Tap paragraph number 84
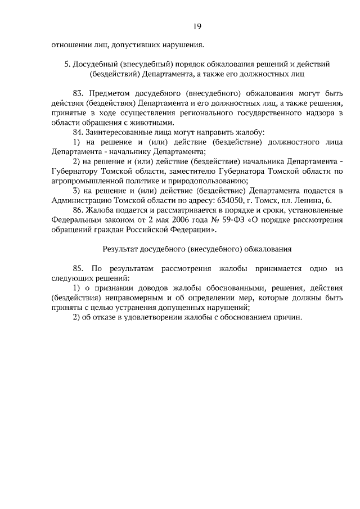78,132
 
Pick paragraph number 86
78,210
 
